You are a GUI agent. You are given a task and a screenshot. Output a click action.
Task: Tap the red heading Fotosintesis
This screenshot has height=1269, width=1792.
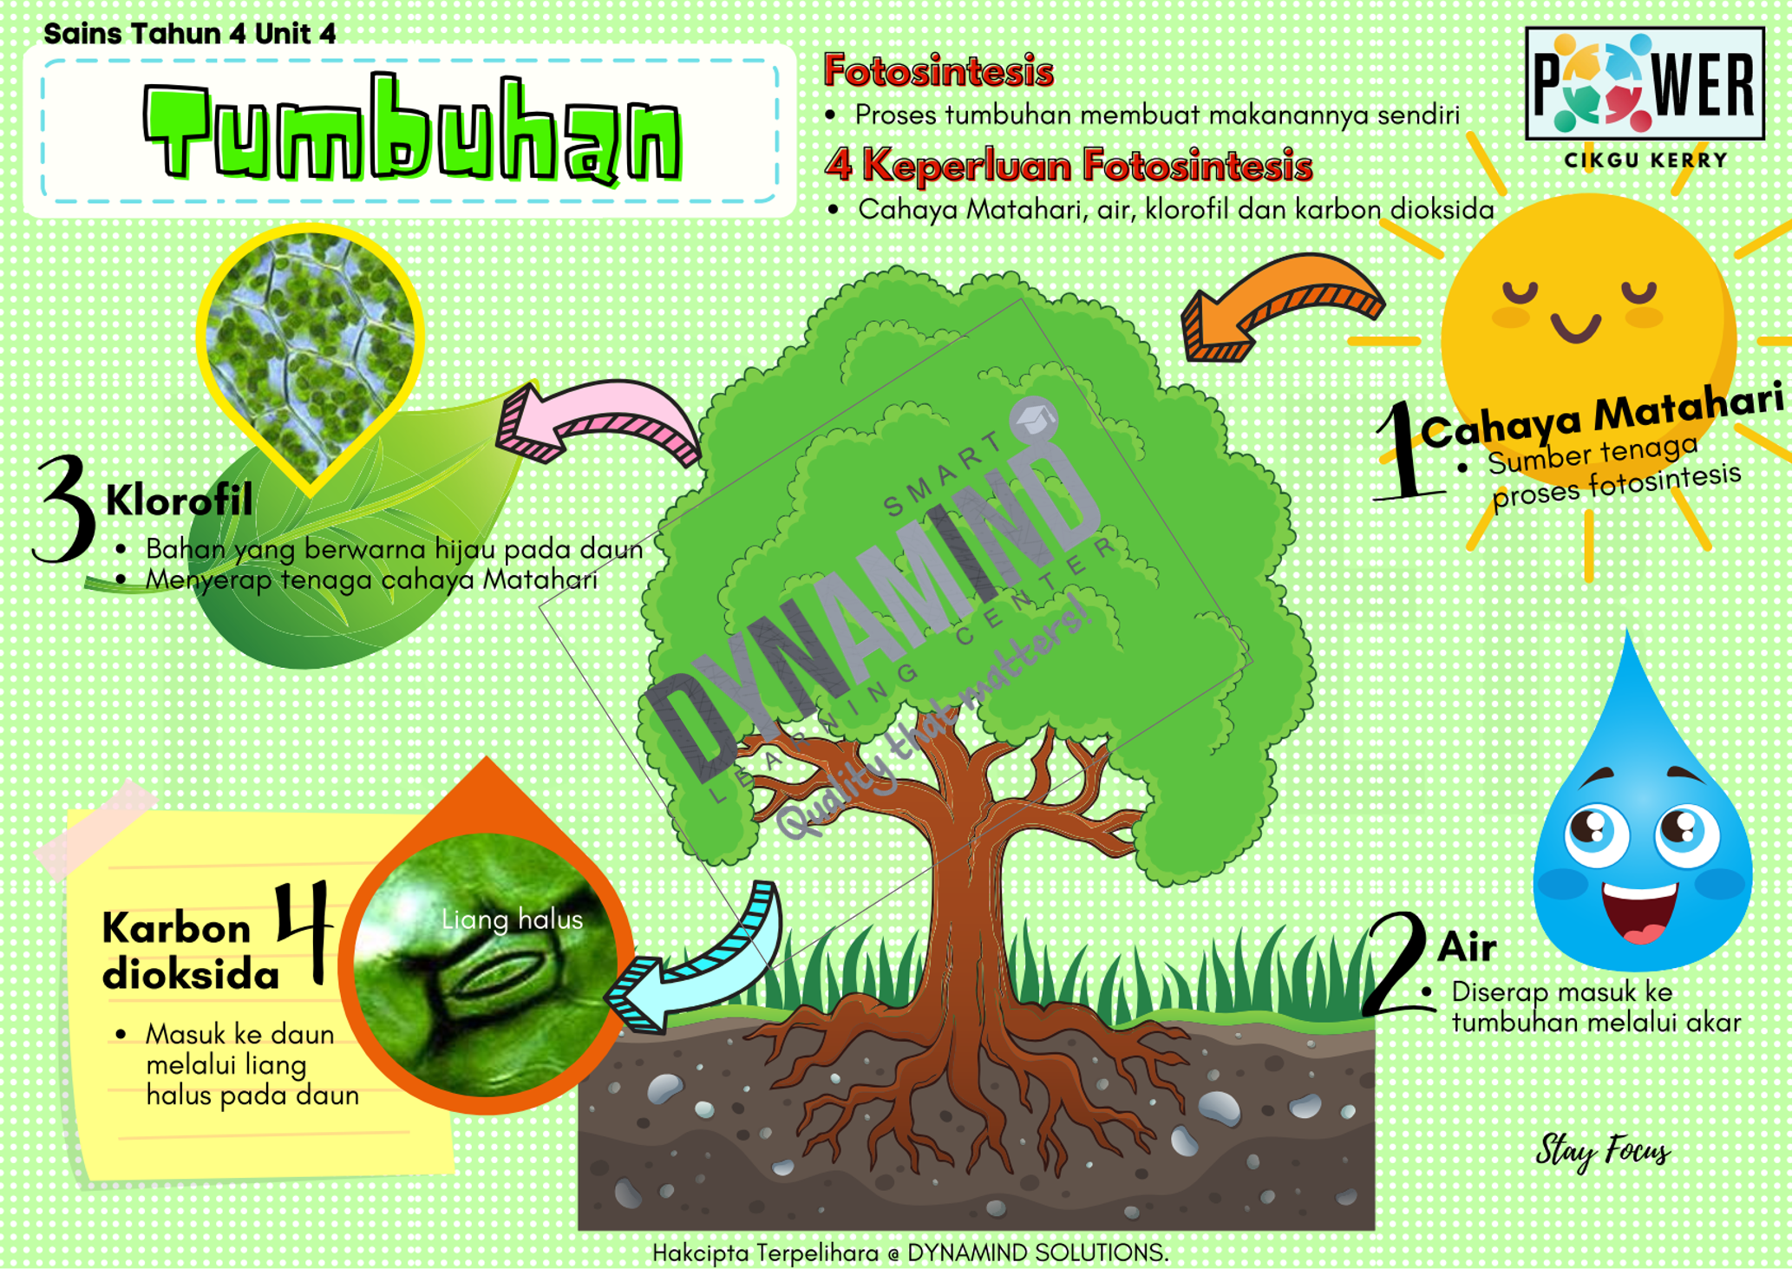pos(938,71)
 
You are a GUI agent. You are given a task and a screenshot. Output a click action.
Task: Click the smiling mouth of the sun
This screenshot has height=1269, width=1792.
pos(1575,328)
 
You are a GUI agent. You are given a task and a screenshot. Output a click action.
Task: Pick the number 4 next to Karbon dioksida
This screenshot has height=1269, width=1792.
pos(304,932)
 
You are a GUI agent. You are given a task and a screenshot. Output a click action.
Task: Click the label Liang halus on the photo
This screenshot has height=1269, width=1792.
pos(512,919)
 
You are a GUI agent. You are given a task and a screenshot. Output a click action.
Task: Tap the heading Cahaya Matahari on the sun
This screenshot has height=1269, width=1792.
pos(1600,416)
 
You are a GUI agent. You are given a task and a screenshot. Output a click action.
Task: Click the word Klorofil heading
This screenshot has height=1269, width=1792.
pos(179,500)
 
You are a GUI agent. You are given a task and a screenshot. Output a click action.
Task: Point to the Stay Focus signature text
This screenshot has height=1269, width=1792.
pos(1602,1152)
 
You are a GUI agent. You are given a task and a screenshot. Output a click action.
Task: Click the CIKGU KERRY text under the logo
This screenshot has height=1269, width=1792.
pos(1645,160)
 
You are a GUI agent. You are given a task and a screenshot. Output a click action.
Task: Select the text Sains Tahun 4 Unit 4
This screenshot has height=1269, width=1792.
pos(189,34)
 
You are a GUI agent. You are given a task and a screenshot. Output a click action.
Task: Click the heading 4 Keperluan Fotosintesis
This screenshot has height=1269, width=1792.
pos(1069,165)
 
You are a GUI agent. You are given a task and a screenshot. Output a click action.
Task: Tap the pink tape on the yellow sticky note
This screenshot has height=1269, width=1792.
pos(95,824)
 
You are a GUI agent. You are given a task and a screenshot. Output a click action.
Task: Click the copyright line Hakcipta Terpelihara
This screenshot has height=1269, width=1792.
pos(910,1253)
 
